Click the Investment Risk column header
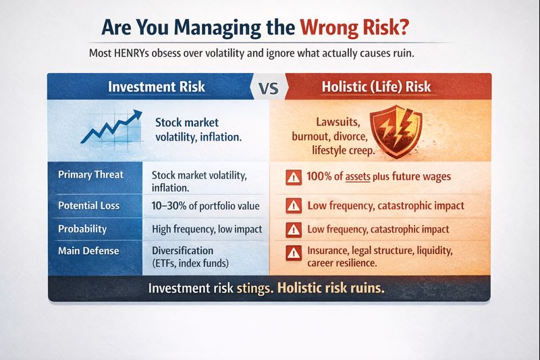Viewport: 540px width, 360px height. point(157,86)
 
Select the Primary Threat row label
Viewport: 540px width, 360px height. point(92,174)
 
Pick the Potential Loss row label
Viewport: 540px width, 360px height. point(92,205)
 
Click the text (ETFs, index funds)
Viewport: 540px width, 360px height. point(192,261)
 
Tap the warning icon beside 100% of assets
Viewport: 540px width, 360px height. point(293,178)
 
